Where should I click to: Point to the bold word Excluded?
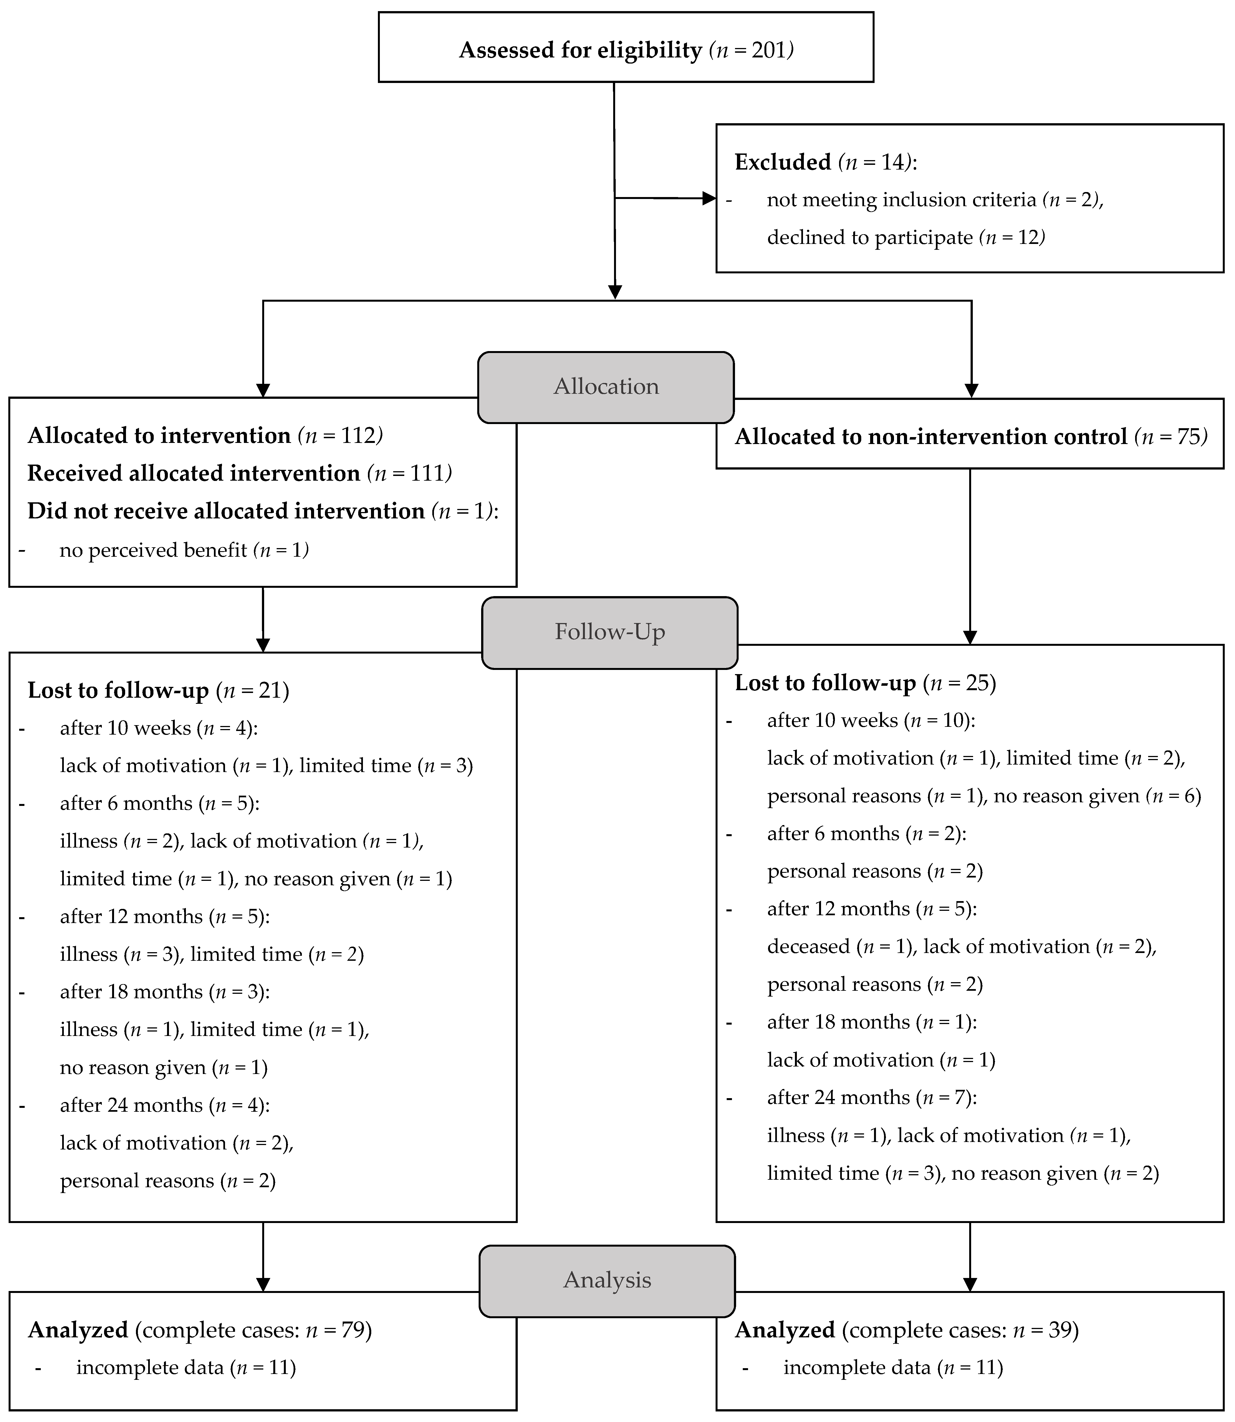(x=783, y=162)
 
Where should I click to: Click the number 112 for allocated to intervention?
(x=359, y=436)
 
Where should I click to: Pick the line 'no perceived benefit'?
(x=153, y=550)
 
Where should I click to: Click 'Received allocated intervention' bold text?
(x=194, y=473)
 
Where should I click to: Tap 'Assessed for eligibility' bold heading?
(x=580, y=50)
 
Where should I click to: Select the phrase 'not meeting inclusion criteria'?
(x=901, y=200)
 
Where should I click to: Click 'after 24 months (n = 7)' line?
(x=871, y=1097)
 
